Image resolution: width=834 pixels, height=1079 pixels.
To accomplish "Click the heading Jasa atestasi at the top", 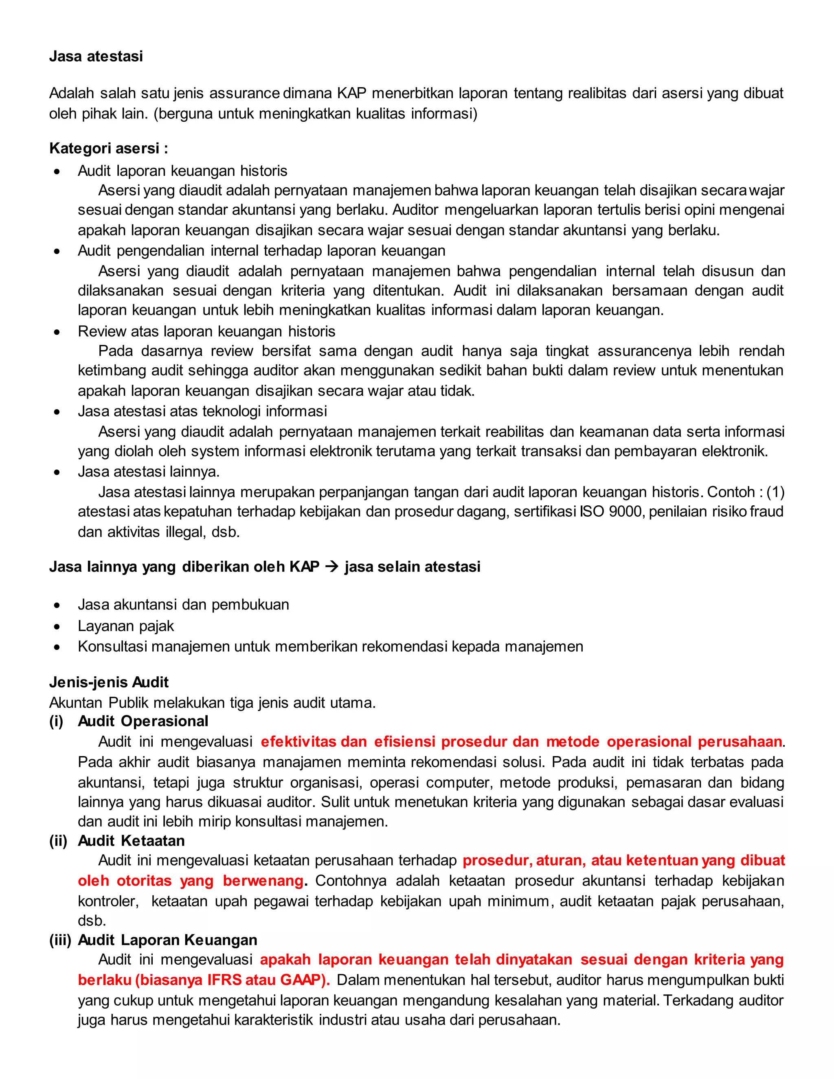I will click(96, 56).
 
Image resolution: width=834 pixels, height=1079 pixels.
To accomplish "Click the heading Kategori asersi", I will click(109, 148).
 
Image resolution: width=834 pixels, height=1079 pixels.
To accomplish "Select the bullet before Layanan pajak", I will click(57, 627).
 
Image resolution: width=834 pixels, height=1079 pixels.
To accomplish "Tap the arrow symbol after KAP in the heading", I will click(332, 567).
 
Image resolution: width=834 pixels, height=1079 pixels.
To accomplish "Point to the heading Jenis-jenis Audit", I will click(109, 682).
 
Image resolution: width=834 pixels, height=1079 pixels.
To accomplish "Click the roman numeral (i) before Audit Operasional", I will click(56, 722).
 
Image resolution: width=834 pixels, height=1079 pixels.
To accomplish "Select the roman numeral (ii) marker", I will click(58, 841).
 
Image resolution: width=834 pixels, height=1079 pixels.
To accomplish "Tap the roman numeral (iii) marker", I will click(60, 940).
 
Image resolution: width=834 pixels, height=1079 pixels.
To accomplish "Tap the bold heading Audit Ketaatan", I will click(132, 841).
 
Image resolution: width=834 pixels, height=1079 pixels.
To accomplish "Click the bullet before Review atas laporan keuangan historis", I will click(57, 332).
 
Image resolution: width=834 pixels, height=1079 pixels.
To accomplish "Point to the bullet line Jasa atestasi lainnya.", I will click(148, 472).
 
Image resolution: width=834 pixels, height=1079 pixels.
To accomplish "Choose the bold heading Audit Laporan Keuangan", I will click(167, 940).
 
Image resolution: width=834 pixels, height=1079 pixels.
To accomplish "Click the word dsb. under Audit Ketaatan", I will click(92, 921).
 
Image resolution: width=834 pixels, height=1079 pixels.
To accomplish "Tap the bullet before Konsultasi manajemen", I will click(57, 647).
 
